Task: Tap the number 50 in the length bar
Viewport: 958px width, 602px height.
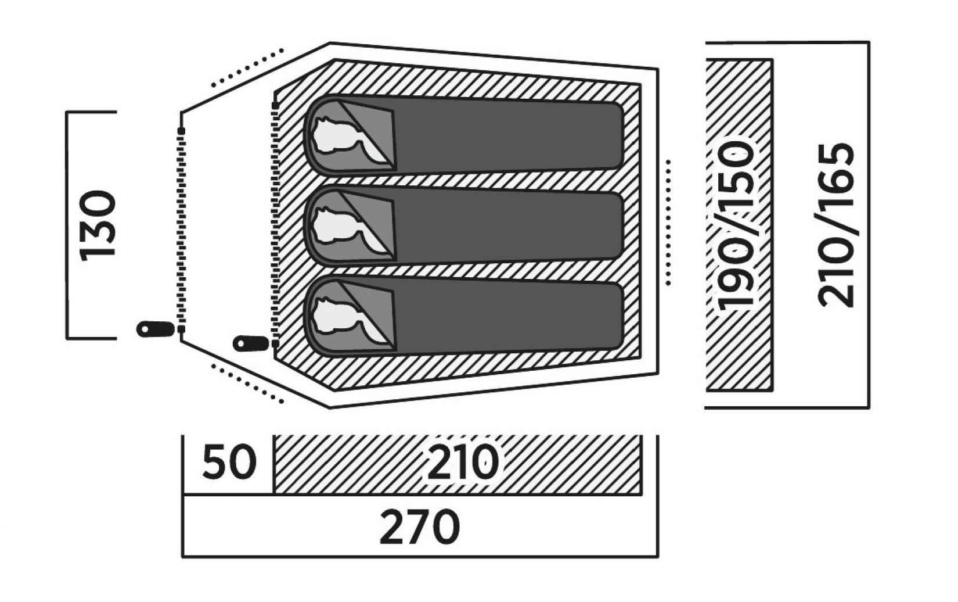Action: point(229,463)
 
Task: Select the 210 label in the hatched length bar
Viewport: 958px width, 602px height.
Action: point(463,463)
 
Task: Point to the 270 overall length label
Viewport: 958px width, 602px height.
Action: point(419,527)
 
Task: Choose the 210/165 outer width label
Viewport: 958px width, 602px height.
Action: point(837,225)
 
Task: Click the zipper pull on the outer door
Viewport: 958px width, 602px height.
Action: point(154,329)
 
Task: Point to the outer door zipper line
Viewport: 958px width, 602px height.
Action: point(182,227)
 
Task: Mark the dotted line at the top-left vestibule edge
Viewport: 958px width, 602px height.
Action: point(246,69)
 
